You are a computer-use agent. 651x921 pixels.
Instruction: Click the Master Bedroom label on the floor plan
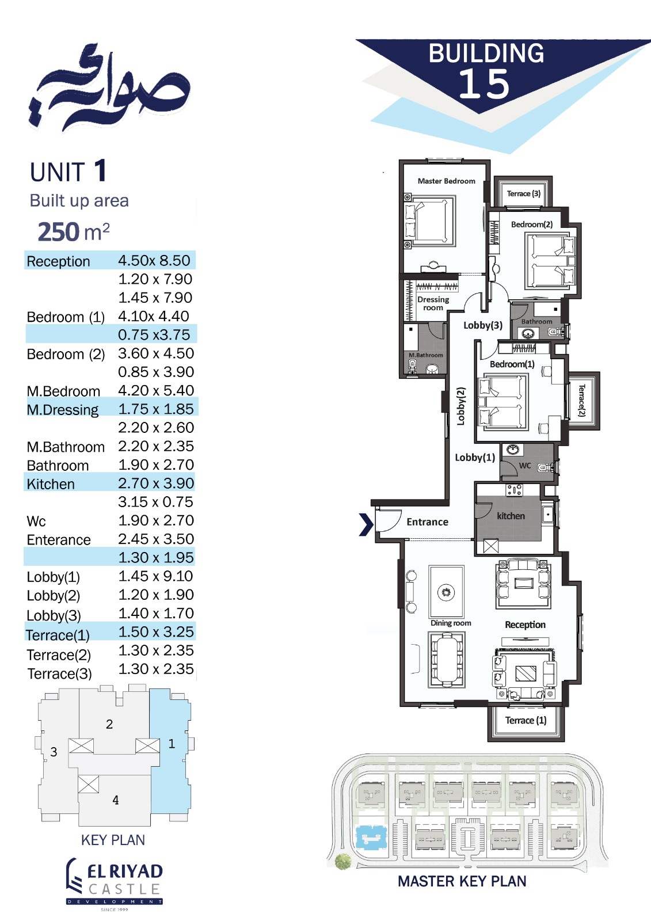click(446, 181)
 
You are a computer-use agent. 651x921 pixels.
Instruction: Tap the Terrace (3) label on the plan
click(524, 193)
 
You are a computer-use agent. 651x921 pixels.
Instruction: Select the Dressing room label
click(433, 303)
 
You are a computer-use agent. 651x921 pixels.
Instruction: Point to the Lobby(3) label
click(483, 325)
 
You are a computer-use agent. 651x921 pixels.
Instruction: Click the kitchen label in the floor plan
click(511, 516)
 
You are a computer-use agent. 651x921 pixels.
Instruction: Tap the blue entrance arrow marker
click(366, 524)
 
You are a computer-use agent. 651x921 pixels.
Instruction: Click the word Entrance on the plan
click(427, 522)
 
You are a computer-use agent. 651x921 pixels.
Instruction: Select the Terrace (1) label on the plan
click(526, 720)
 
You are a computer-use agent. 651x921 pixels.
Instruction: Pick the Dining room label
click(451, 623)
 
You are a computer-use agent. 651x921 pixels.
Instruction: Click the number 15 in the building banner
click(484, 84)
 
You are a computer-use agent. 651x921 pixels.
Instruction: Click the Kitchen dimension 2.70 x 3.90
click(156, 483)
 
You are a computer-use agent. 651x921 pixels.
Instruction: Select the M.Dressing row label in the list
click(63, 409)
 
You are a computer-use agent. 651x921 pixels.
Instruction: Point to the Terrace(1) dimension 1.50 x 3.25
click(156, 631)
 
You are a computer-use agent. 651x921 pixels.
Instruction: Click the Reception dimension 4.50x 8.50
click(154, 260)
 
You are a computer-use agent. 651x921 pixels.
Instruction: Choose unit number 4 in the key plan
click(116, 800)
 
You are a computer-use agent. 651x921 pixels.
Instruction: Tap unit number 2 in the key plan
click(109, 724)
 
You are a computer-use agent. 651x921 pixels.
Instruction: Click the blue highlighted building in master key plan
click(371, 837)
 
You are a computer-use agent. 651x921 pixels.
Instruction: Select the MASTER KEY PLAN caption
click(462, 881)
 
